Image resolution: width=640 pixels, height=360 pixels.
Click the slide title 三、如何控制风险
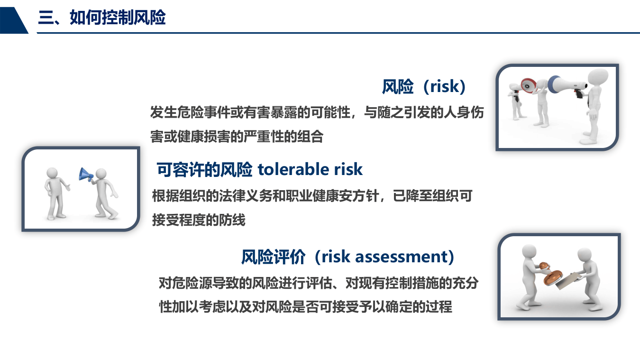[102, 18]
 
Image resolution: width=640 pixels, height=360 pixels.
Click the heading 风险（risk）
[424, 86]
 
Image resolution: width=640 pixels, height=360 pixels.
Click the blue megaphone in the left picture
[85, 175]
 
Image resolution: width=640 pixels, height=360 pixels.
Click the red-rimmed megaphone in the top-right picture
[527, 85]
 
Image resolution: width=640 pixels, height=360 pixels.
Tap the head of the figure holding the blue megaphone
[101, 174]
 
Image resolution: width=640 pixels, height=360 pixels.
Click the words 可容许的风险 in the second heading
[204, 169]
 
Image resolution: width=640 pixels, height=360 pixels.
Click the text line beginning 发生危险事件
[317, 112]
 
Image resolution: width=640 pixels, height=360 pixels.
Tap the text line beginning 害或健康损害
[237, 137]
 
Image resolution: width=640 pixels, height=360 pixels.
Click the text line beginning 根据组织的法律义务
[312, 195]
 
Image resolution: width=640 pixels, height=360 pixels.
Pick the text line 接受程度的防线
[199, 220]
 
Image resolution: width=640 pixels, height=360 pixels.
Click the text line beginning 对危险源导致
[318, 283]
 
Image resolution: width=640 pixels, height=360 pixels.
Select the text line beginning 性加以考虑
[305, 306]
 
